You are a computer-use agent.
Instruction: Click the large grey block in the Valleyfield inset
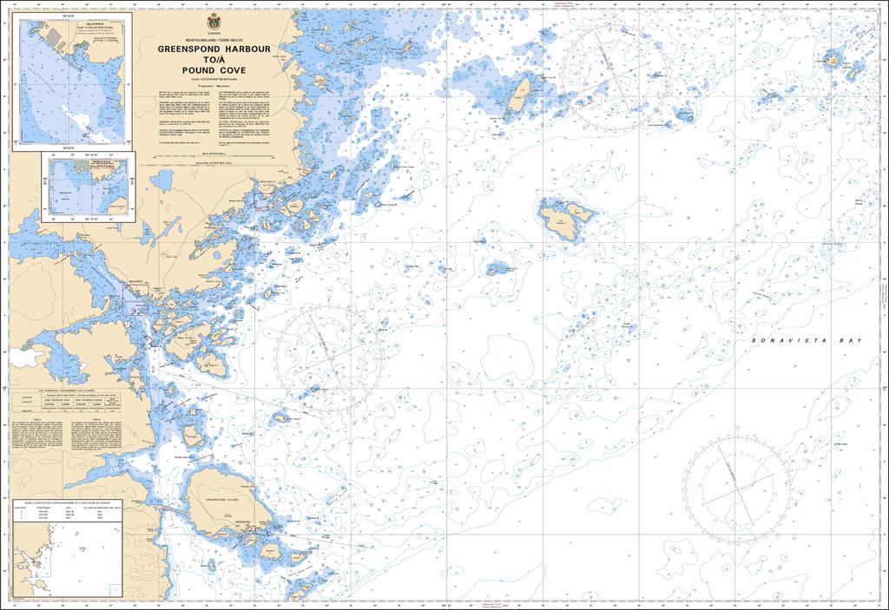click(x=54, y=37)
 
